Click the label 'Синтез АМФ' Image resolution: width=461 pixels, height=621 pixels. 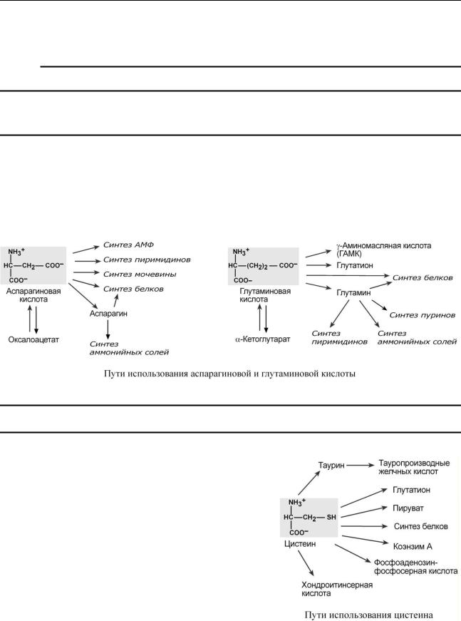[x=128, y=245]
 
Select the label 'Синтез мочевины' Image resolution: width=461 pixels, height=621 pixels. [x=140, y=274]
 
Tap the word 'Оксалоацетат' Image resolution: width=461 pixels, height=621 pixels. [x=33, y=339]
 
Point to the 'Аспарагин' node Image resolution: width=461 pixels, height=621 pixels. [x=108, y=314]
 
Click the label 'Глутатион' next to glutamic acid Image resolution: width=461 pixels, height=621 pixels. [x=355, y=265]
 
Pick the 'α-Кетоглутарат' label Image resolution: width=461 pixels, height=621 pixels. [x=263, y=339]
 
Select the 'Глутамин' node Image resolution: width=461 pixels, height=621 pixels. [x=353, y=293]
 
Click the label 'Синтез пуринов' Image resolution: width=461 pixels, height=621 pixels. [x=423, y=315]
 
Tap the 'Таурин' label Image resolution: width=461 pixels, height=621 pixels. [x=331, y=466]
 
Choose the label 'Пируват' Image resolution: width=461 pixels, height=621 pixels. [x=408, y=508]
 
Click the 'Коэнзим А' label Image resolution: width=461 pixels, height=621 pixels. [x=413, y=547]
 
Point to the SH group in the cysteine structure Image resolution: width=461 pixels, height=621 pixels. [x=331, y=517]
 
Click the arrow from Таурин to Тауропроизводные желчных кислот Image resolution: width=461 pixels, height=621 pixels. [x=360, y=466]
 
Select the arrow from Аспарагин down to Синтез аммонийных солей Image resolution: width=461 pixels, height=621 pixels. [x=108, y=329]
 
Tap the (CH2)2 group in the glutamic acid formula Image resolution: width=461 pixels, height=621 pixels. [x=258, y=266]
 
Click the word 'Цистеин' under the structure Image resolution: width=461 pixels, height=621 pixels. [x=300, y=544]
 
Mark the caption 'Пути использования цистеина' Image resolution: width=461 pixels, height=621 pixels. [x=368, y=615]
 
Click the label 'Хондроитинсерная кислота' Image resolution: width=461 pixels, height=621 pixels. [x=337, y=589]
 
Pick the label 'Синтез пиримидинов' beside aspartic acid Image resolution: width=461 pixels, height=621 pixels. [x=147, y=260]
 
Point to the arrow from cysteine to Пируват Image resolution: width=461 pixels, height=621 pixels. [x=364, y=512]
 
